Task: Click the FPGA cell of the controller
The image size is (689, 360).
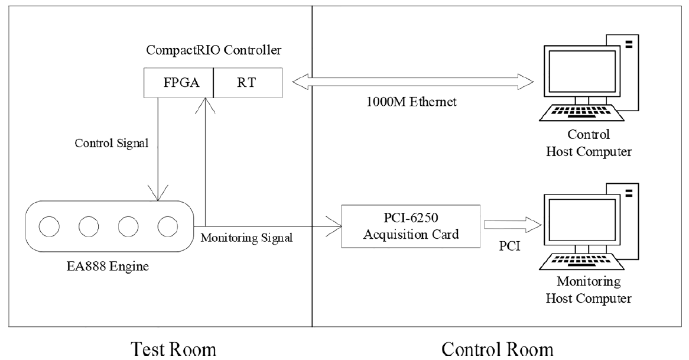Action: tap(179, 83)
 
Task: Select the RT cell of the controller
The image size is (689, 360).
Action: tap(248, 83)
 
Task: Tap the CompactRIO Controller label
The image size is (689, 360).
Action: tap(213, 50)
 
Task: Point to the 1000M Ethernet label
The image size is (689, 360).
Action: tap(412, 102)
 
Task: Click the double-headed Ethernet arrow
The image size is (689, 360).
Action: tap(412, 82)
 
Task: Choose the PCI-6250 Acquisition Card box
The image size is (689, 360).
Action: tap(411, 226)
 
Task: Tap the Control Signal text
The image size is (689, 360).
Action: tap(112, 143)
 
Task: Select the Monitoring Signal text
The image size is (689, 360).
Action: tap(246, 238)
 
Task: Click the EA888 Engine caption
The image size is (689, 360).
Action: tap(108, 266)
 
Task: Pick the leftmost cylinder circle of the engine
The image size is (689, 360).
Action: tap(49, 226)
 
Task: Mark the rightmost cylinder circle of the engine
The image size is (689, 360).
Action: tap(168, 226)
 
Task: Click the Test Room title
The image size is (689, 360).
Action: tap(174, 350)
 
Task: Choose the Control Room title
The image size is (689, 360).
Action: tap(498, 350)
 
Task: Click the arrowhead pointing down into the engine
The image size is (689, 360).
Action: tap(158, 192)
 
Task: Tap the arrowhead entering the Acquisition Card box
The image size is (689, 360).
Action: tap(334, 226)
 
